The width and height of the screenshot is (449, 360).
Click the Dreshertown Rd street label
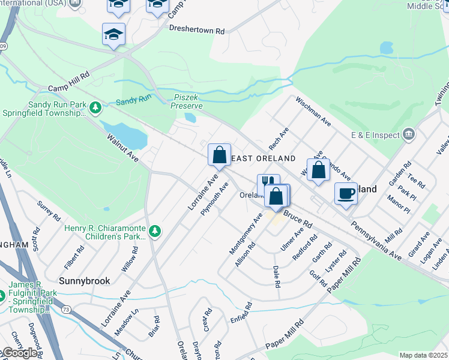[196, 29]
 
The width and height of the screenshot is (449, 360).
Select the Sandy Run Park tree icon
[95, 107]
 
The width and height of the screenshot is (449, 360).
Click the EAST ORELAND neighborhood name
[263, 158]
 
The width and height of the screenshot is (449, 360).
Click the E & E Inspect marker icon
[409, 133]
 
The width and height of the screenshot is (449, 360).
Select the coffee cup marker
[346, 193]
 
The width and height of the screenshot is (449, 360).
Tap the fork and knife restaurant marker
[268, 183]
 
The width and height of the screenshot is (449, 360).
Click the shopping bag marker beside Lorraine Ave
[220, 154]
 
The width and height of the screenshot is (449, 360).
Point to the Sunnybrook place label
[78, 280]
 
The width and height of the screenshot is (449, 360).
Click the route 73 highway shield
[66, 308]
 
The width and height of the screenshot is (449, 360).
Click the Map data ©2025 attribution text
[423, 355]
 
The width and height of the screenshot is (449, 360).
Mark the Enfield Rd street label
[241, 314]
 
